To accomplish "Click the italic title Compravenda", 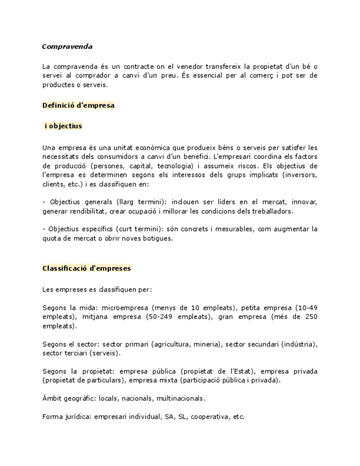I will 67,47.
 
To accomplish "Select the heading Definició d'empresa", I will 78,105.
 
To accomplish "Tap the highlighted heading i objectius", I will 63,126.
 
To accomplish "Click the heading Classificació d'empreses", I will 86,269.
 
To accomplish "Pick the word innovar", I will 304,202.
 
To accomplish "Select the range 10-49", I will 306,308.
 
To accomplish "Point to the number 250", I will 310,317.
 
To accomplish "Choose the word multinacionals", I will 181,398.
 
